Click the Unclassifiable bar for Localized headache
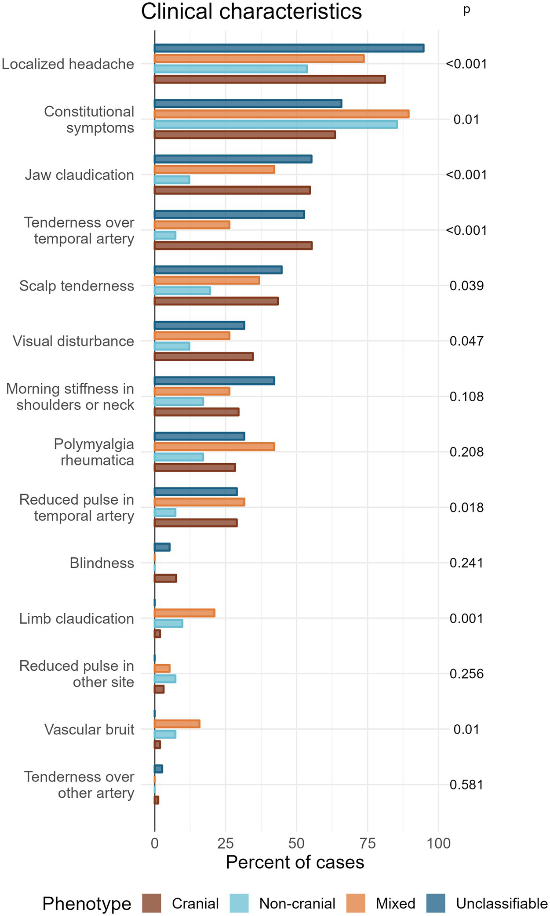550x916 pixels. (289, 48)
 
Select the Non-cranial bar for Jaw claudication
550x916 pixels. (172, 180)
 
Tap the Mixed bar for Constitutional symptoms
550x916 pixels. (281, 114)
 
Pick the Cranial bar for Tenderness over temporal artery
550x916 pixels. (233, 245)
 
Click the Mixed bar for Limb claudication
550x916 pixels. (185, 613)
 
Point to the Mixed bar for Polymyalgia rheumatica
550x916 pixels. (214, 447)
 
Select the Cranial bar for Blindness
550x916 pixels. (165, 578)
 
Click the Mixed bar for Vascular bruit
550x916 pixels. (177, 723)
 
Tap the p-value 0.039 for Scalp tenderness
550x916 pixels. (466, 286)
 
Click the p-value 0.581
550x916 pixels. (466, 785)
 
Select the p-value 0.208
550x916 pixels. (466, 452)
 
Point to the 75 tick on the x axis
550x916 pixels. (368, 843)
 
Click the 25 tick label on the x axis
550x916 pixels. (226, 843)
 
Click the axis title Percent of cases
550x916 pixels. (295, 862)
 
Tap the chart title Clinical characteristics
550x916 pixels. (251, 11)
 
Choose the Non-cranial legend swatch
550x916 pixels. (240, 903)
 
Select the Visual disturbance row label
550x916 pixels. (73, 341)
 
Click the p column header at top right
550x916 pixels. (466, 10)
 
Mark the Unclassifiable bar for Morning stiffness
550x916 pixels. (214, 381)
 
